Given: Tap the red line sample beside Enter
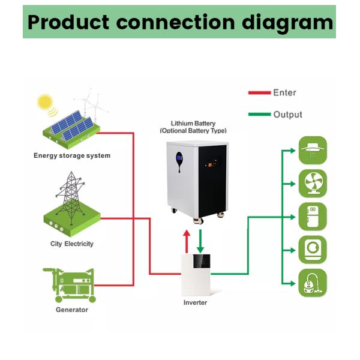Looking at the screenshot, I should click(x=259, y=93).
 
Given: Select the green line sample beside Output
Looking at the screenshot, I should click(x=259, y=115).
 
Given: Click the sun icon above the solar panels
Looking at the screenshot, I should click(x=44, y=101).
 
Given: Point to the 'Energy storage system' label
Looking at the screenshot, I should click(x=72, y=156).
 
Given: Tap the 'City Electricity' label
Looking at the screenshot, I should click(x=72, y=244).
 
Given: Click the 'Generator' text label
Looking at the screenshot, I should click(x=72, y=310).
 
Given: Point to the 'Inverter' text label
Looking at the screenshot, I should click(x=195, y=303).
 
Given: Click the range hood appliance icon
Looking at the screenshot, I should click(x=313, y=149).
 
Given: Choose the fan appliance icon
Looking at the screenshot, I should click(x=313, y=183).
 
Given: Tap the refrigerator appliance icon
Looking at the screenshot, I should click(x=313, y=217).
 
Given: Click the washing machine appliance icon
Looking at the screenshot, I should click(x=313, y=250).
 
